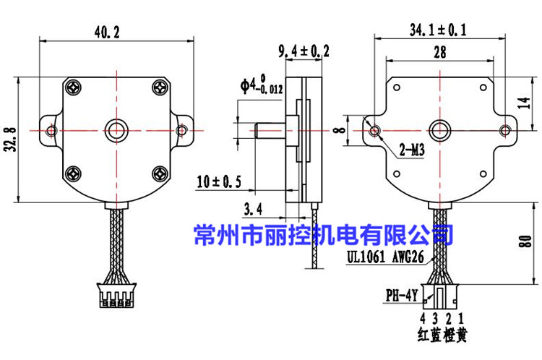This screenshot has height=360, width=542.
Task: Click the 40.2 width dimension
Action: click(x=116, y=32)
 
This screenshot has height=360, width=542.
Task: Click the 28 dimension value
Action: click(x=439, y=52)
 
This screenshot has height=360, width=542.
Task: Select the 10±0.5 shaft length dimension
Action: click(x=219, y=181)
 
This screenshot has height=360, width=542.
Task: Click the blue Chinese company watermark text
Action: click(x=324, y=234)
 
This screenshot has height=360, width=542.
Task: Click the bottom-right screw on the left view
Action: click(x=160, y=173)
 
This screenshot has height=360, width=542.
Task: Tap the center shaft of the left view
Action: click(x=116, y=129)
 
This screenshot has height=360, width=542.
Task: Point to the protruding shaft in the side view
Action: click(x=271, y=130)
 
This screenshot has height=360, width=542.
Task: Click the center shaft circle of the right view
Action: click(x=439, y=130)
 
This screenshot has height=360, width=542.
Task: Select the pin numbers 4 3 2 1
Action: click(x=440, y=317)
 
